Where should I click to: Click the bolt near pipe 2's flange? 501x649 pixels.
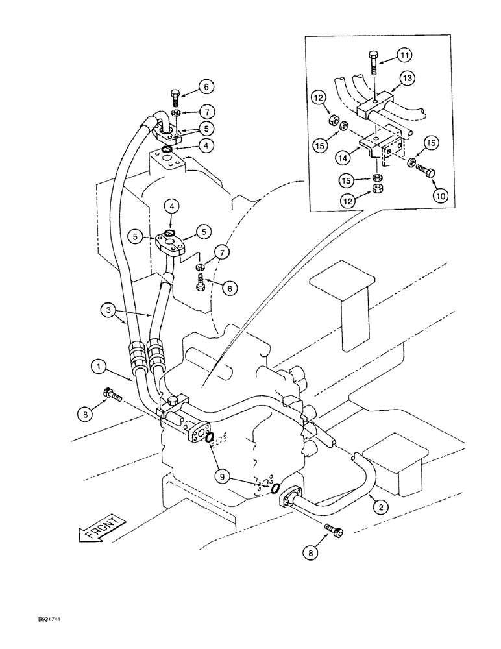pos(335,530)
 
